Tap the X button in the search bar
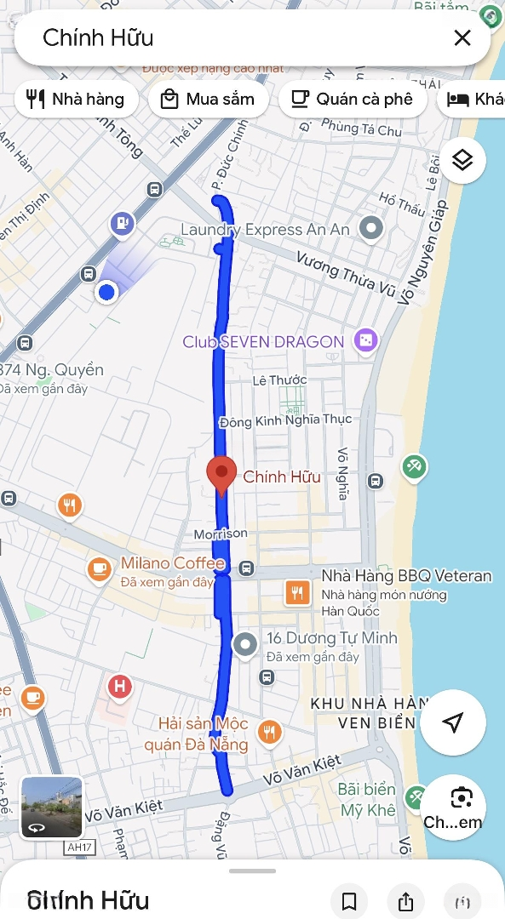pos(462,37)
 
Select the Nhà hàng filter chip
pos(75,99)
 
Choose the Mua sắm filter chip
pos(208,99)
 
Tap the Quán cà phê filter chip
pos(352,99)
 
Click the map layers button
pos(462,160)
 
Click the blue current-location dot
pos(106,293)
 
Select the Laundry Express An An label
pos(265,230)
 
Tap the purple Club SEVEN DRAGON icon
pos(364,341)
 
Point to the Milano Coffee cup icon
pos(100,567)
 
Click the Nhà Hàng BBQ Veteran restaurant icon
pos(296,592)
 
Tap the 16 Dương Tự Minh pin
pos(245,645)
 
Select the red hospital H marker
pos(120,687)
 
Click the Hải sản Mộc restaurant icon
pos(269,732)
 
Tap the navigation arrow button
pos(453,722)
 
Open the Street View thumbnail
pos(52,808)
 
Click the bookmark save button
pos(349,901)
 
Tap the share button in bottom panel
pos(405,901)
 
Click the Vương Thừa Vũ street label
pos(346,273)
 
